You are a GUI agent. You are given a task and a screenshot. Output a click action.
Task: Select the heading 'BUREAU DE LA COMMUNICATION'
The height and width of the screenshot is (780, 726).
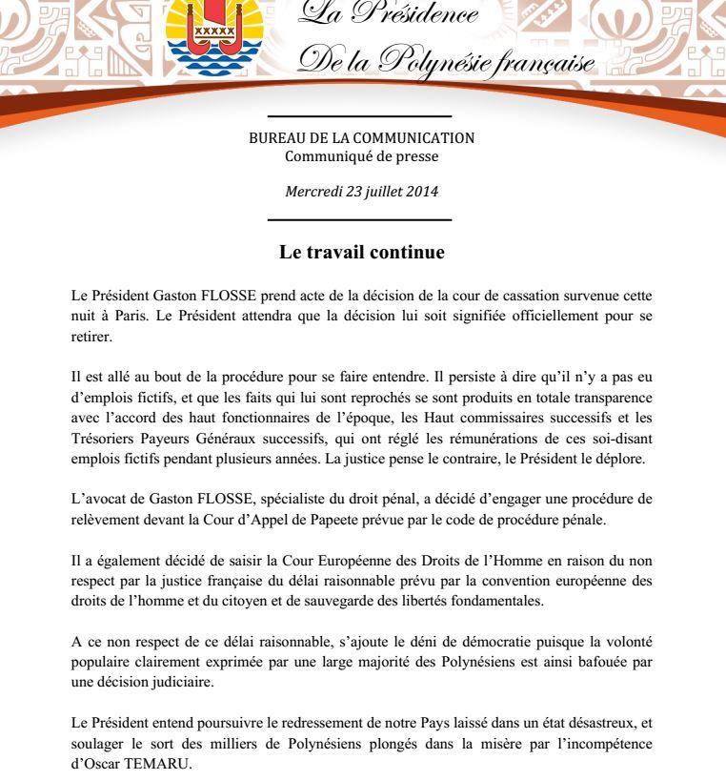coord(361,139)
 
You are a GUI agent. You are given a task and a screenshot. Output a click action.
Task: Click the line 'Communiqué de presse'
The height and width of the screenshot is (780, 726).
coord(361,155)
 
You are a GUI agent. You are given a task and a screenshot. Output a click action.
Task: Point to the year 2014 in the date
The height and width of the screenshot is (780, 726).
coord(420,191)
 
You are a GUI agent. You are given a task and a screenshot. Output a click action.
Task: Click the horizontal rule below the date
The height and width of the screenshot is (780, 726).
coord(361,219)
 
